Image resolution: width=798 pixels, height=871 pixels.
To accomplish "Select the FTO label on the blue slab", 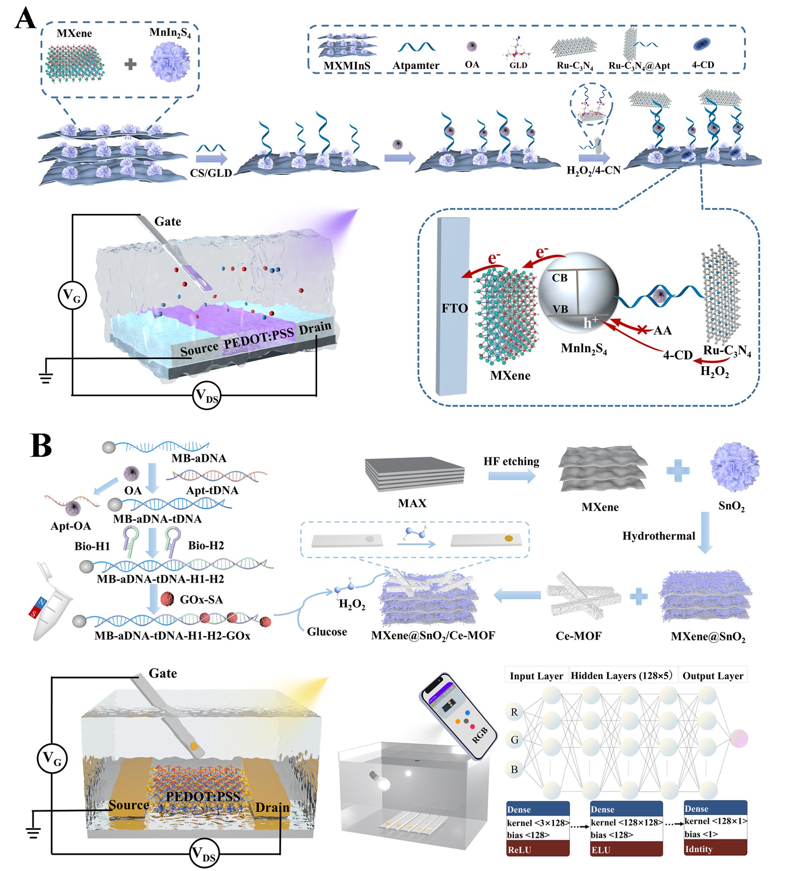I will [454, 308].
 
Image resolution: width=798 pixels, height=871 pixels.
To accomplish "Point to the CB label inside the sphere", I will [559, 278].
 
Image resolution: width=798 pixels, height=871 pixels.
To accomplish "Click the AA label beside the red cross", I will [662, 331].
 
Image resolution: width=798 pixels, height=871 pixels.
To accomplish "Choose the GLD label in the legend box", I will [518, 65].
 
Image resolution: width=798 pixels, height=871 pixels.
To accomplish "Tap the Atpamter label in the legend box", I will [416, 65].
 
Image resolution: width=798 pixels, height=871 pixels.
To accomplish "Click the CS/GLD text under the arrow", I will [211, 173].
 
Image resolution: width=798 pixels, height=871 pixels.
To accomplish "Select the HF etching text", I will [511, 461].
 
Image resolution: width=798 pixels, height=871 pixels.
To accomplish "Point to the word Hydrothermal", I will [658, 536].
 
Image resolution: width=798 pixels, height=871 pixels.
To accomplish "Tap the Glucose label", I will [327, 631].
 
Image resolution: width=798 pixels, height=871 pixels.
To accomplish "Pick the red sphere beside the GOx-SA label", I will [167, 599].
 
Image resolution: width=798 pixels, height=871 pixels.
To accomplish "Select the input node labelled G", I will [514, 739].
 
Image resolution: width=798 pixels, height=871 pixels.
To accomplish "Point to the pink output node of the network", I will [739, 739].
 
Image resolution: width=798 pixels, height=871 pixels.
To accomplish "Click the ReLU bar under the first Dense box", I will [538, 850].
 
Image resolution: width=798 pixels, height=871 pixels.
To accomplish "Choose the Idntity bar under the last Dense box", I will [715, 849].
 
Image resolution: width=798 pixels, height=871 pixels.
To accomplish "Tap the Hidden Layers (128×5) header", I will [622, 675].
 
